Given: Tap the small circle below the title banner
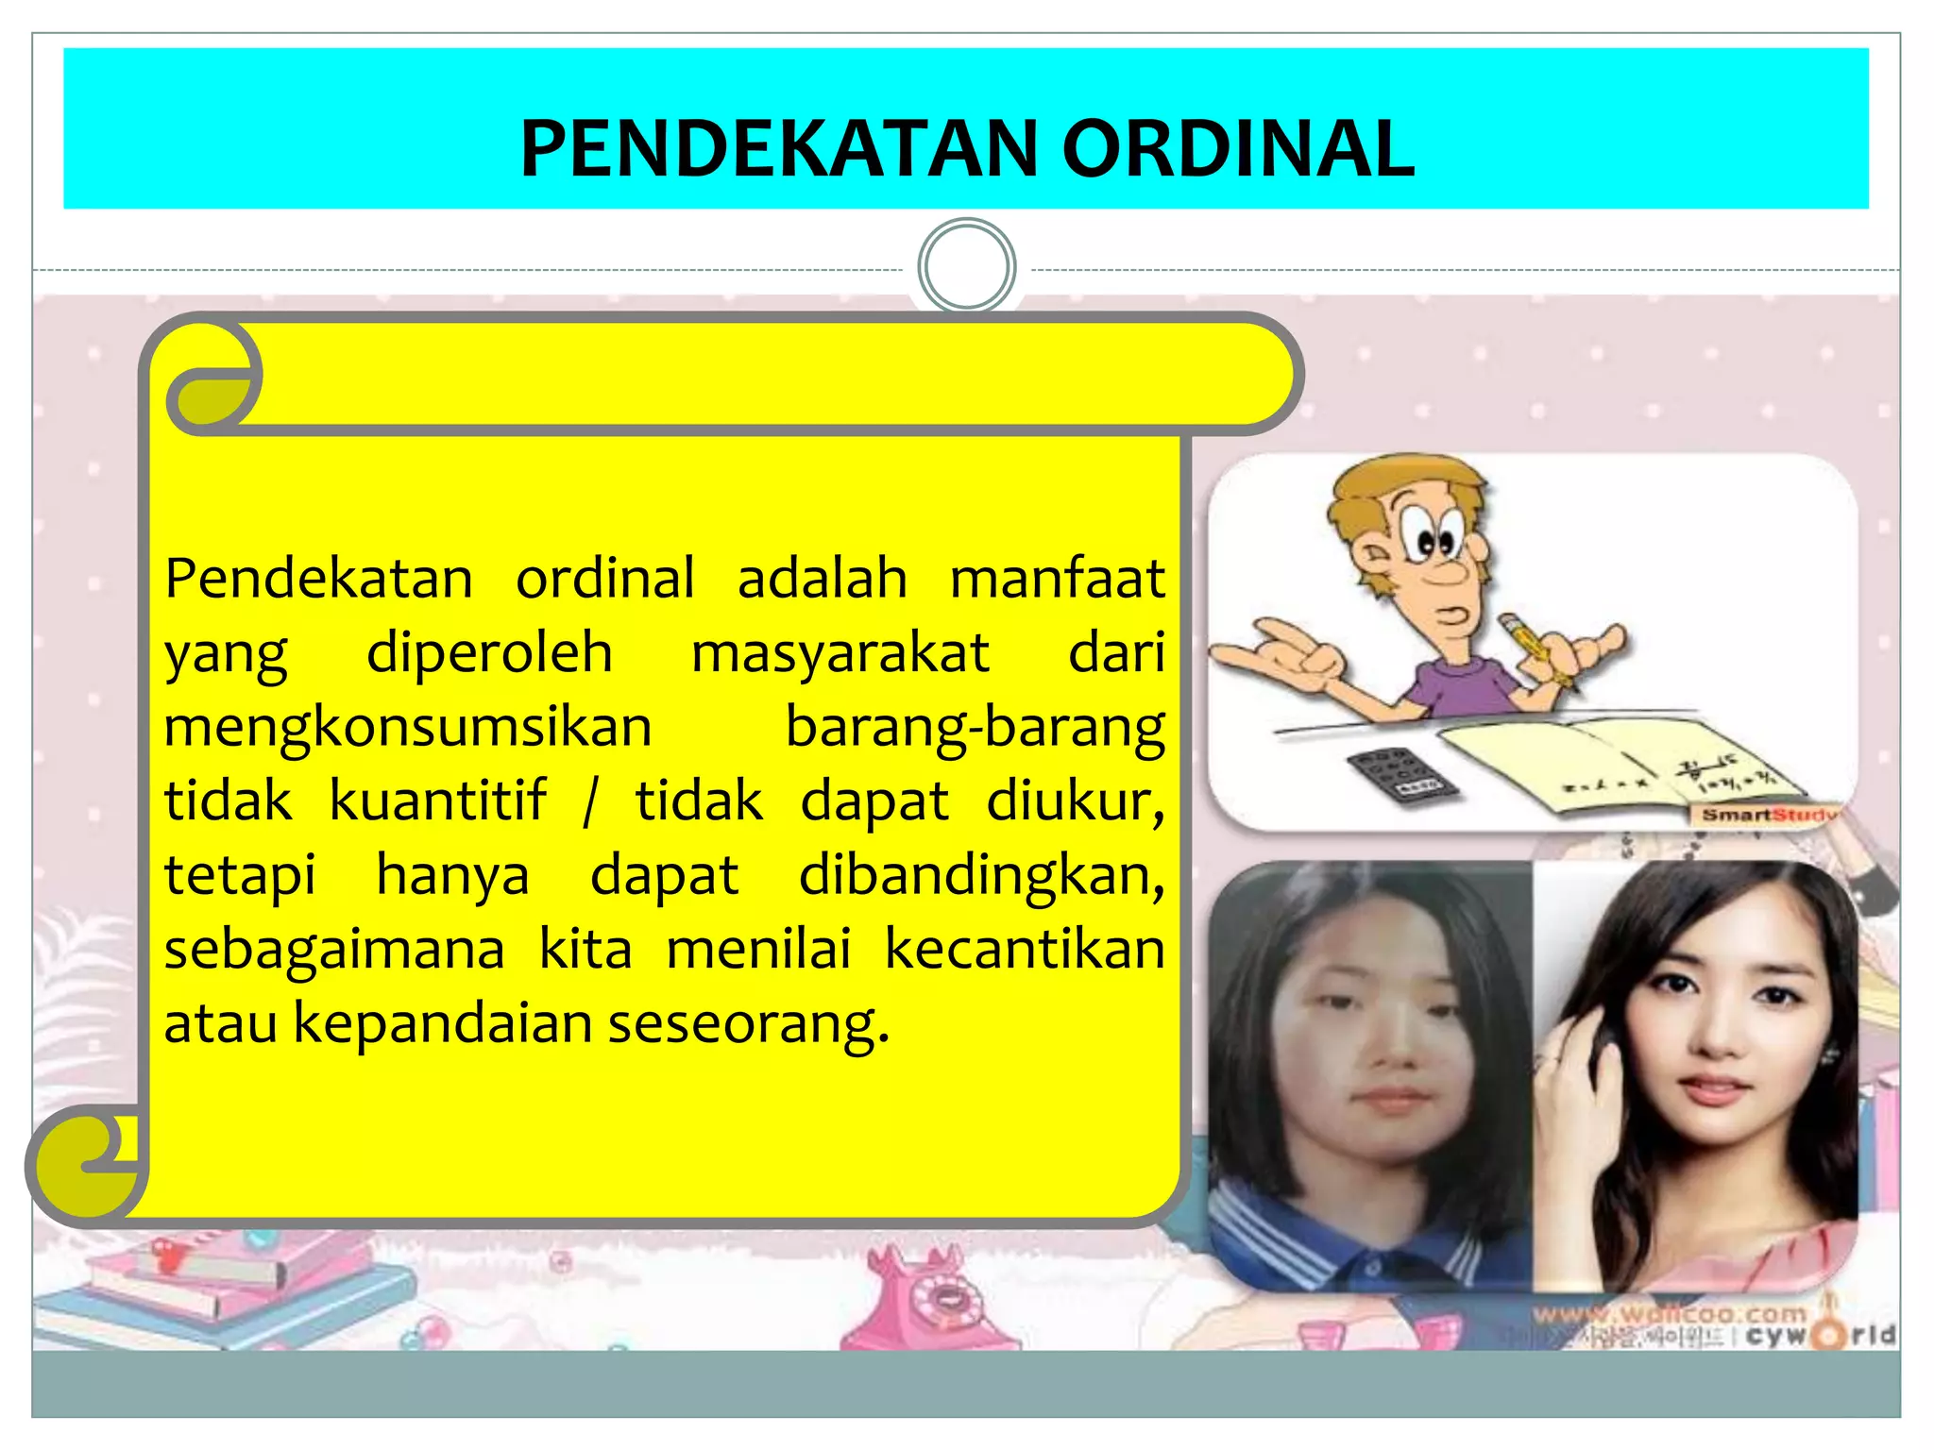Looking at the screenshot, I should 966,267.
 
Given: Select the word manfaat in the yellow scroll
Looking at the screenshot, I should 1057,578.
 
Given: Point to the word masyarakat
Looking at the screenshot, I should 840,652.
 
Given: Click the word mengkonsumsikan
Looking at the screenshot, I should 408,727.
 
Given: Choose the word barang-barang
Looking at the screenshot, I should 975,727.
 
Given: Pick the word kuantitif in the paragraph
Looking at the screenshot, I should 437,801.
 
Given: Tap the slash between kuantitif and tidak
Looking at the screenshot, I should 590,802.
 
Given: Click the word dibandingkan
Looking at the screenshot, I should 980,875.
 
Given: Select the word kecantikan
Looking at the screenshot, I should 1024,949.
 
